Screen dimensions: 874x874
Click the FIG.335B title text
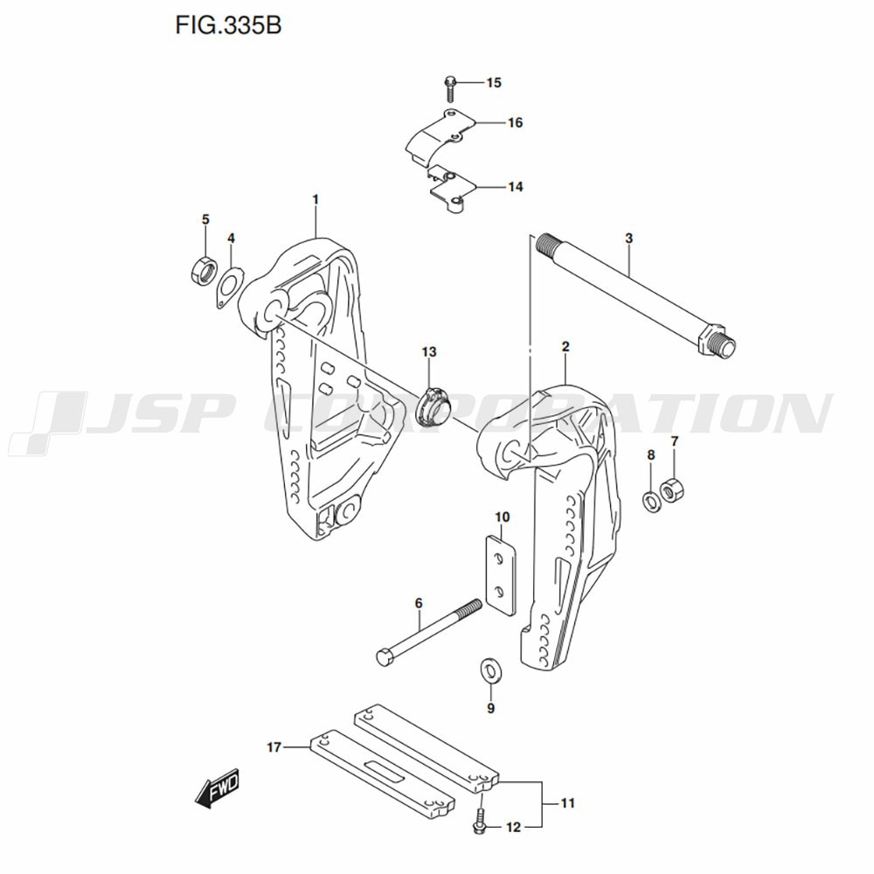click(x=228, y=25)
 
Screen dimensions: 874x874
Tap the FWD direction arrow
click(x=218, y=787)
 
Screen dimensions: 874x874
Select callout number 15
click(x=494, y=83)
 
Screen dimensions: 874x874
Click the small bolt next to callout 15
click(x=450, y=89)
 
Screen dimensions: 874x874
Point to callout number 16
click(x=516, y=122)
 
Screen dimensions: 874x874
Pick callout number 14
click(x=516, y=187)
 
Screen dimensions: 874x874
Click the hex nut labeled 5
click(x=203, y=271)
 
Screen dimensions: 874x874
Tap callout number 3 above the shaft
click(x=628, y=239)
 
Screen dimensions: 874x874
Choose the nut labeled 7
click(x=672, y=489)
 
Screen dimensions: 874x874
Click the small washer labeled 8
click(x=651, y=501)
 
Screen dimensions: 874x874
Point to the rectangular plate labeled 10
click(x=502, y=575)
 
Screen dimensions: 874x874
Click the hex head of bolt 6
click(x=385, y=656)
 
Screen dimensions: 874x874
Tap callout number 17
click(x=274, y=747)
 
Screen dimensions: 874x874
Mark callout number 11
click(x=567, y=803)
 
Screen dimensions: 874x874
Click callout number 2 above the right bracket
click(x=565, y=347)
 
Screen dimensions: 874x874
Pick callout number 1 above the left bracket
click(x=315, y=199)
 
